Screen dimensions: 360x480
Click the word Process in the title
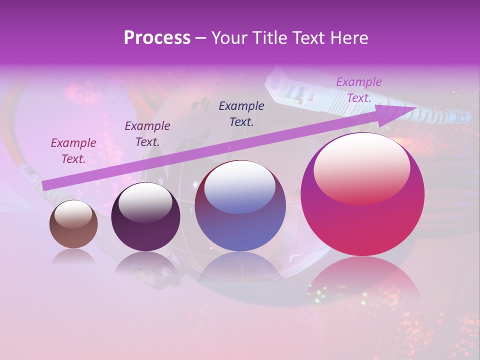point(157,38)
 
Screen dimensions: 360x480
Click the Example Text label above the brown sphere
point(73,151)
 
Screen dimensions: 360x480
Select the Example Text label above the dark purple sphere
point(147,134)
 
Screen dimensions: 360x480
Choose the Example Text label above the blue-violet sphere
point(241,113)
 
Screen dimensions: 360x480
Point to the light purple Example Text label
point(359,90)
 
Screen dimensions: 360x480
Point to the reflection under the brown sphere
point(73,256)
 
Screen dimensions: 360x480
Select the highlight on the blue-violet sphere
point(240,187)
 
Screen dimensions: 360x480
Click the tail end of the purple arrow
point(46,185)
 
